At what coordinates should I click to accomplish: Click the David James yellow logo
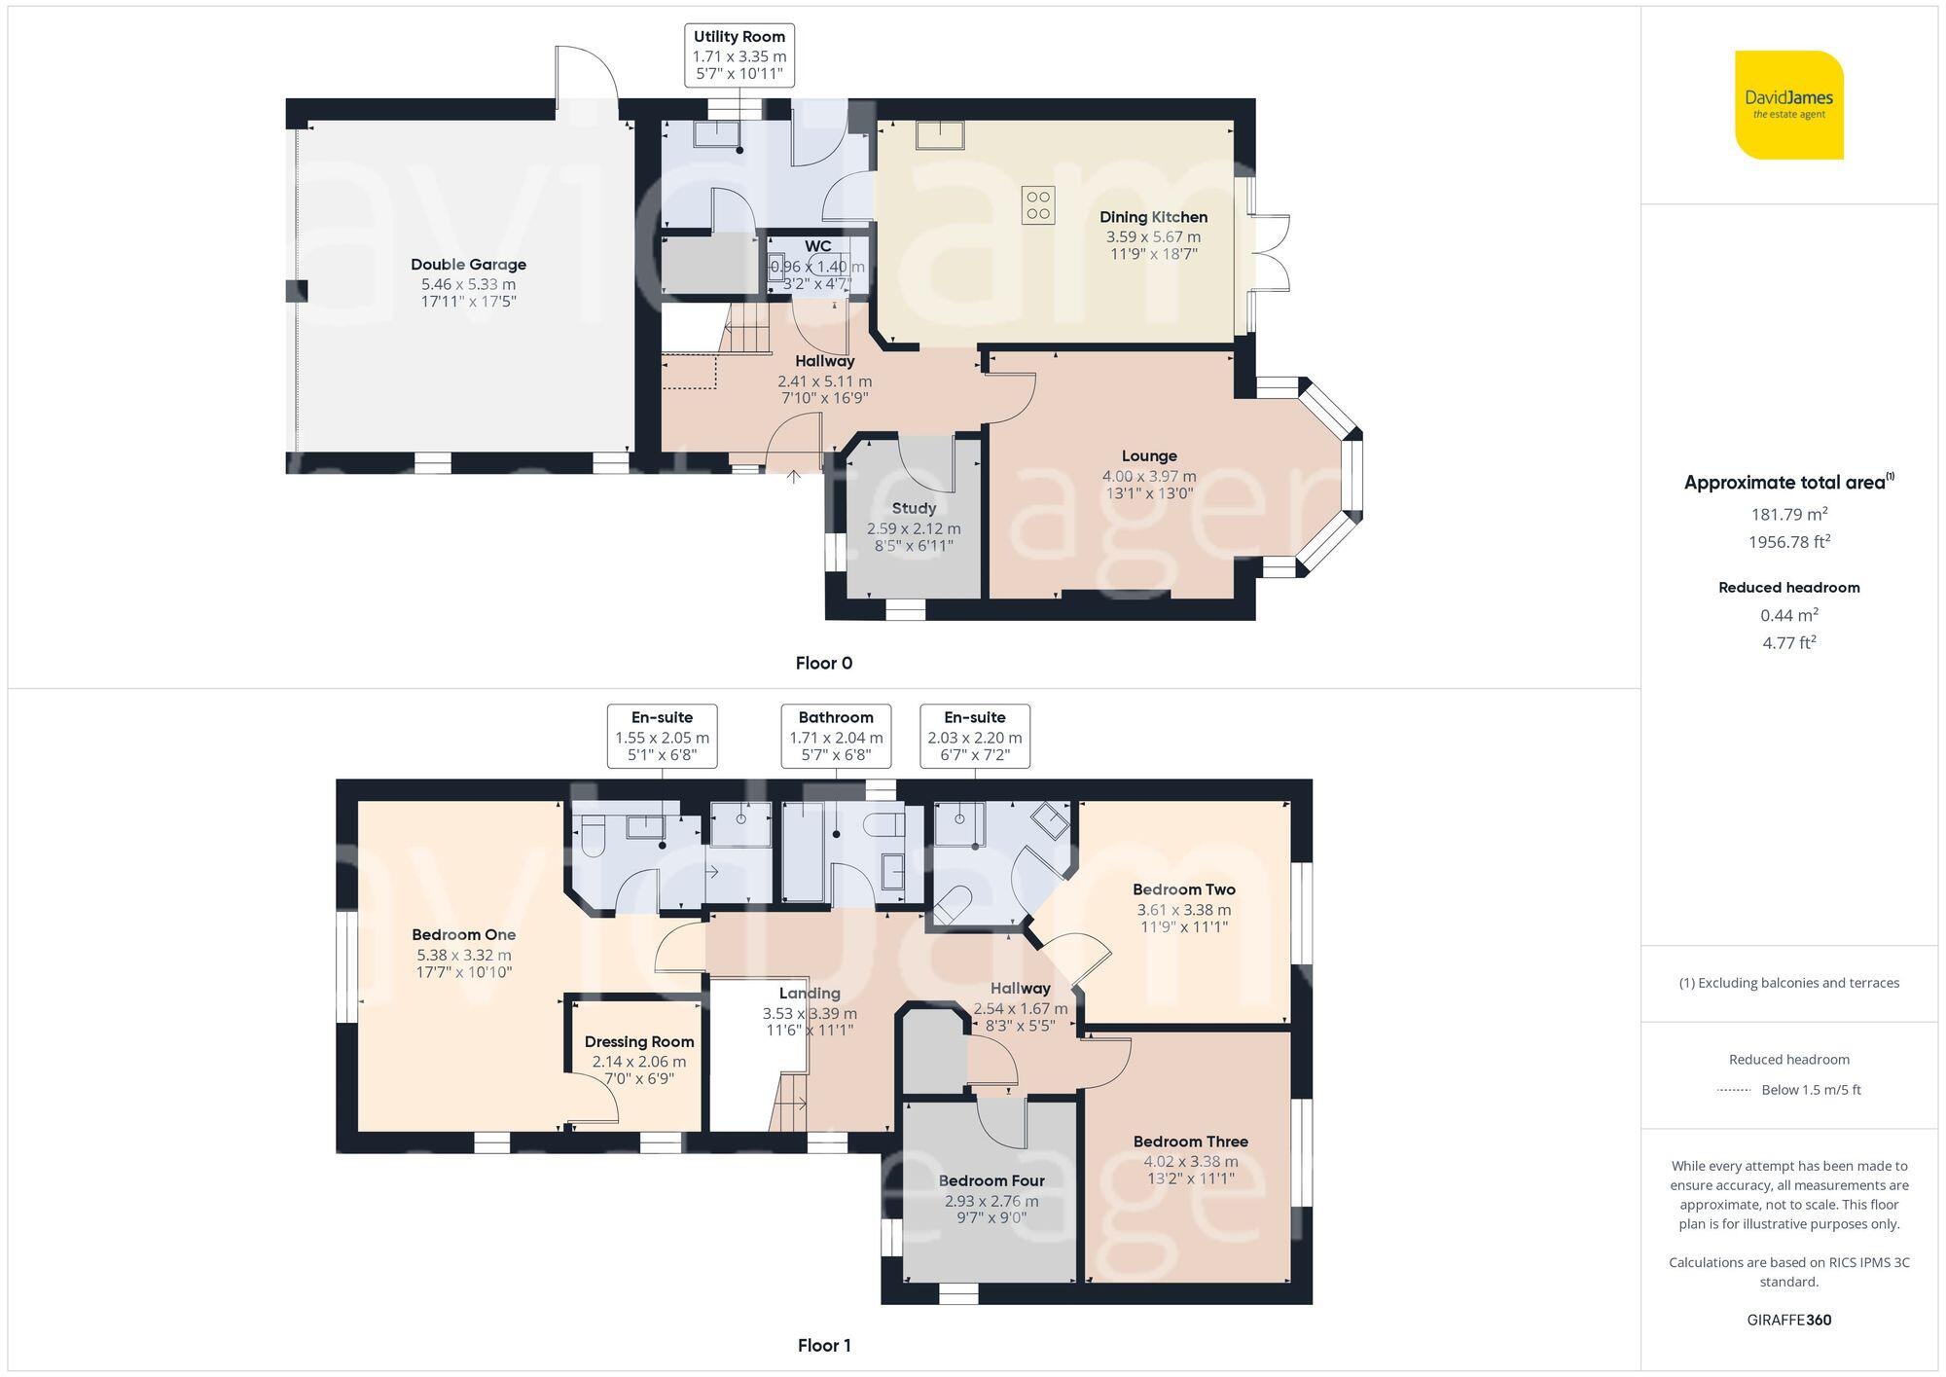pyautogui.click(x=1788, y=105)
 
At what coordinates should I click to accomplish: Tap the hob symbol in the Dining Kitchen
pyautogui.click(x=1037, y=205)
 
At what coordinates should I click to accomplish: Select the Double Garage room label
pyautogui.click(x=468, y=265)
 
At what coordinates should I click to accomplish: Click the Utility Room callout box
pyautogui.click(x=739, y=55)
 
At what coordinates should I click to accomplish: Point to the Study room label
pyautogui.click(x=914, y=508)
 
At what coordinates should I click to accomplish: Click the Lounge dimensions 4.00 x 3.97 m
pyautogui.click(x=1148, y=476)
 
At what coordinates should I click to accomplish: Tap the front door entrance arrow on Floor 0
pyautogui.click(x=794, y=476)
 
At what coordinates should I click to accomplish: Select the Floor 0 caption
pyautogui.click(x=823, y=663)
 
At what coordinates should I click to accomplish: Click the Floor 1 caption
pyautogui.click(x=823, y=1345)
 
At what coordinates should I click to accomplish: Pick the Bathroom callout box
pyautogui.click(x=836, y=736)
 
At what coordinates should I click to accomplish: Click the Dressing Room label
pyautogui.click(x=639, y=1041)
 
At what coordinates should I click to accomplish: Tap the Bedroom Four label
pyautogui.click(x=991, y=1180)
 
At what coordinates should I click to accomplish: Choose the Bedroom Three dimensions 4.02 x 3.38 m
pyautogui.click(x=1190, y=1161)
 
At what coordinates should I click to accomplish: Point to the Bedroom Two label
pyautogui.click(x=1183, y=889)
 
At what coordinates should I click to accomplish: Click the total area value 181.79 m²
pyautogui.click(x=1788, y=514)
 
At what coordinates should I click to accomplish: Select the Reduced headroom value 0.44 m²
pyautogui.click(x=1788, y=615)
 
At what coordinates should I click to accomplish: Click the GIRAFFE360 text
pyautogui.click(x=1788, y=1320)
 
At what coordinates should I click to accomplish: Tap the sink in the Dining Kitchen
pyautogui.click(x=939, y=135)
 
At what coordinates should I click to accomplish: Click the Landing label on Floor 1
pyautogui.click(x=809, y=994)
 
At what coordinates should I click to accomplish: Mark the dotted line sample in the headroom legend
pyautogui.click(x=1734, y=1090)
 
